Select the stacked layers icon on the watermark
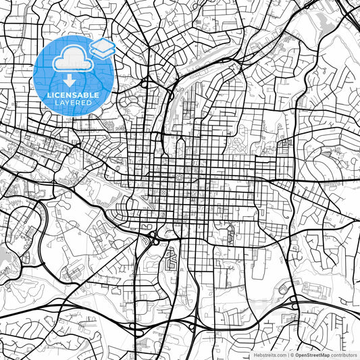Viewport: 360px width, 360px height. (101, 48)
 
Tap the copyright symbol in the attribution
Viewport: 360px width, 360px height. (292, 354)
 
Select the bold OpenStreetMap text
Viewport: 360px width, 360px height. (312, 354)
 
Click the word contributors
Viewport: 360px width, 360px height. (343, 354)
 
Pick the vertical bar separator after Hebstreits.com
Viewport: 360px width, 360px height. (288, 354)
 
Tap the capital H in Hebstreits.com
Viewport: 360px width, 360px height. (255, 354)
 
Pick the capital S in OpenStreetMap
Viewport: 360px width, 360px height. (309, 354)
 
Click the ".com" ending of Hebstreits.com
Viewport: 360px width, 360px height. (281, 354)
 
